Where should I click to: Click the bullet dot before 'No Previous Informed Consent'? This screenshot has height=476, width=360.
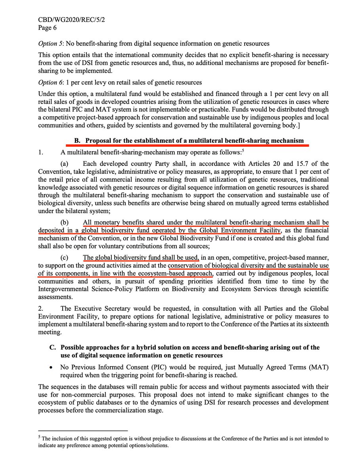click(x=52, y=368)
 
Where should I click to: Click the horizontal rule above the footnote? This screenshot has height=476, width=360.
click(x=83, y=430)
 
